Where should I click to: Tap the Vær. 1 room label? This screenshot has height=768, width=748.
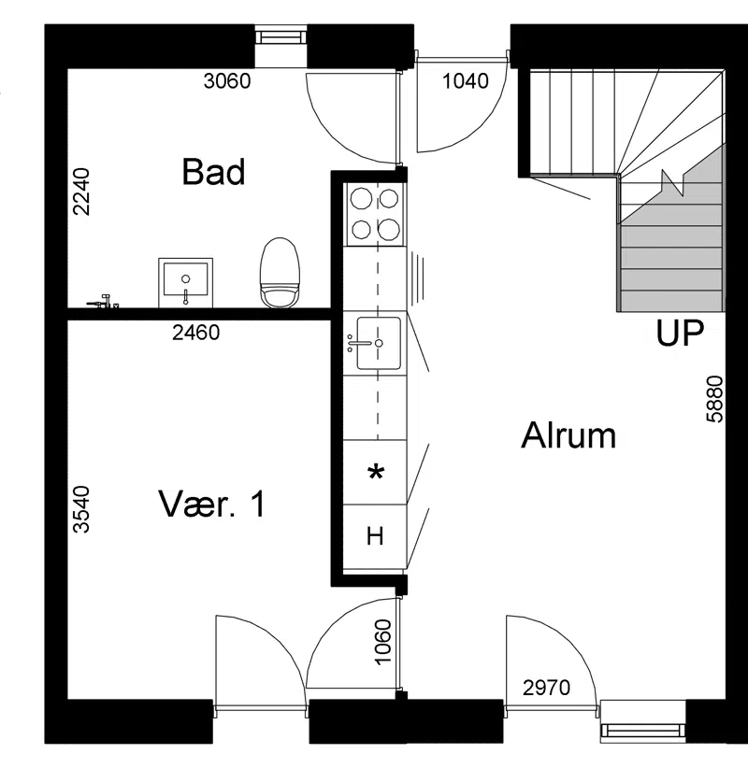(211, 504)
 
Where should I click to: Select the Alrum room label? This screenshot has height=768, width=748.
(568, 435)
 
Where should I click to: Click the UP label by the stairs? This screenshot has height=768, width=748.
(680, 333)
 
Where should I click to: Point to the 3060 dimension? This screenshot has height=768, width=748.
(227, 80)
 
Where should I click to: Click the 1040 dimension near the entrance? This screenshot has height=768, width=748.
(466, 80)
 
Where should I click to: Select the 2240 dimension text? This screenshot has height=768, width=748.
(81, 192)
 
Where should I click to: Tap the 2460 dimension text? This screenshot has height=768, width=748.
(196, 333)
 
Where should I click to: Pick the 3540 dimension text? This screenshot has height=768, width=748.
(81, 509)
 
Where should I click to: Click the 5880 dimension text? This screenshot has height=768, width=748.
(714, 399)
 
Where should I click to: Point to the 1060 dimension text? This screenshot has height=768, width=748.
(383, 642)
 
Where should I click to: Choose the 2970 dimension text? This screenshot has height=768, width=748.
(547, 688)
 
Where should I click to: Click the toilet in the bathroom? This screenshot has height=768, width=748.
(280, 273)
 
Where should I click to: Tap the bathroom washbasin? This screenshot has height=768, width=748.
(185, 282)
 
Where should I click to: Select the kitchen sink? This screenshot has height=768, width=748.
(378, 343)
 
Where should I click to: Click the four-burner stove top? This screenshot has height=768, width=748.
(375, 213)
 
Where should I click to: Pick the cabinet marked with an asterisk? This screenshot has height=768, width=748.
(375, 472)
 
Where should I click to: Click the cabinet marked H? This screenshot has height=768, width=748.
(375, 537)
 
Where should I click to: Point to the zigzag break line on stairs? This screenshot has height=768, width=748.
(672, 182)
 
